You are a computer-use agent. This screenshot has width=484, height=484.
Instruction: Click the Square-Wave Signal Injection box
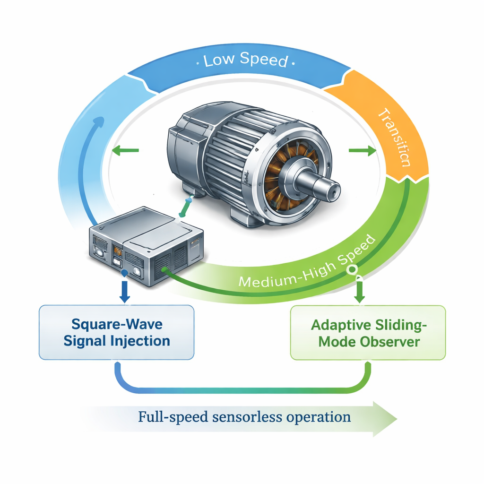tap(116, 332)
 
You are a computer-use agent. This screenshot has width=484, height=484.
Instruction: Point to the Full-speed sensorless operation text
tap(244, 417)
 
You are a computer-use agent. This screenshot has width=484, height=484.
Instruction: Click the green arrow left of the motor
tap(125, 151)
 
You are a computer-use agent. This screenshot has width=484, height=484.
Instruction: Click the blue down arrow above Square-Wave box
tap(125, 292)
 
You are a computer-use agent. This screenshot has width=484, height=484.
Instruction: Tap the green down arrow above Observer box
tap(359, 292)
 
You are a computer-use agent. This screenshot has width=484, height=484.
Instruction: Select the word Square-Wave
tap(116, 324)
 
